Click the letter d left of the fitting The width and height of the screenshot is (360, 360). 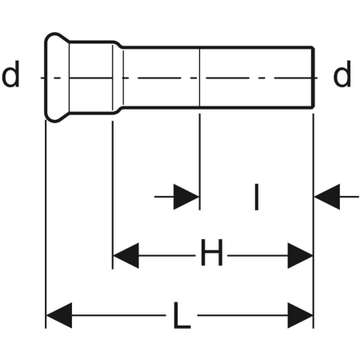pyautogui.click(x=10, y=74)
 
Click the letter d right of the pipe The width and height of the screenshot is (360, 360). pyautogui.click(x=342, y=74)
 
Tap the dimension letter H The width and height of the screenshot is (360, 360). pyautogui.click(x=212, y=252)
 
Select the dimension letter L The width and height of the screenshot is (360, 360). pyautogui.click(x=182, y=315)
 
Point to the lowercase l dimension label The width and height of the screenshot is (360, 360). pyautogui.click(x=257, y=197)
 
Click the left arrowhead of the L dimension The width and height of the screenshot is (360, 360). pyautogui.click(x=59, y=315)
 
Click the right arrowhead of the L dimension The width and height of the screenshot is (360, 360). pyautogui.click(x=300, y=315)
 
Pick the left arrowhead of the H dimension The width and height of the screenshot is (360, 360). pyautogui.click(x=126, y=255)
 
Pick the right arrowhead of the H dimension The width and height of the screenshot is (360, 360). pyautogui.click(x=300, y=255)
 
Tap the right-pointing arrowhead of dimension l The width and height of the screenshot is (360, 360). pyautogui.click(x=186, y=197)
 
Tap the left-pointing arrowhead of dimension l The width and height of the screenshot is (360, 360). pyautogui.click(x=327, y=197)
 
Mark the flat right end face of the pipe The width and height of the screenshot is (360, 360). pyautogui.click(x=314, y=78)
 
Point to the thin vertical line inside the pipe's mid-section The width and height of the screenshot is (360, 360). pyautogui.click(x=199, y=78)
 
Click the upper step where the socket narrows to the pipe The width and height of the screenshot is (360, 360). pyautogui.click(x=118, y=45)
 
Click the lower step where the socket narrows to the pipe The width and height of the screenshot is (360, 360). pyautogui.click(x=118, y=110)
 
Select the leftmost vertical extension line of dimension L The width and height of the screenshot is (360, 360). pyautogui.click(x=46, y=224)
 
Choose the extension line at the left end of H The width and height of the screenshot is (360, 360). pyautogui.click(x=113, y=195)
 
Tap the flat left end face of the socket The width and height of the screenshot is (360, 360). pyautogui.click(x=46, y=78)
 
